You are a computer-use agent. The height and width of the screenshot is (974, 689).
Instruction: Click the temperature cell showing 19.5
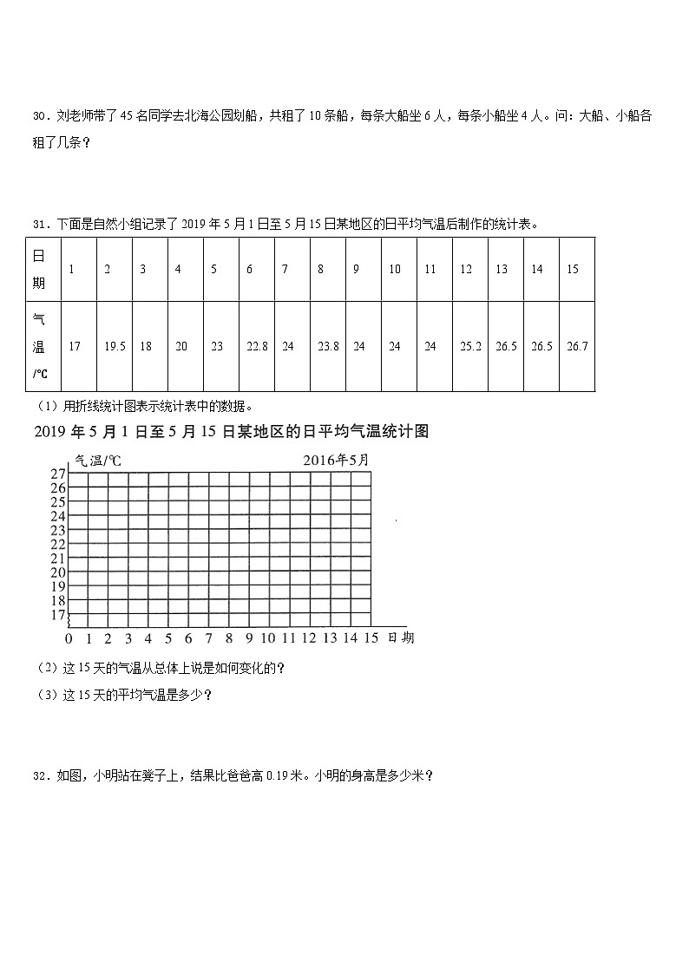coord(115,346)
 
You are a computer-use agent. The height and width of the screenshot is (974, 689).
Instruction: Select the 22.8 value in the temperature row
coord(257,346)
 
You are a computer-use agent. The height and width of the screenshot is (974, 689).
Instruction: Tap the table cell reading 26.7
coord(577,346)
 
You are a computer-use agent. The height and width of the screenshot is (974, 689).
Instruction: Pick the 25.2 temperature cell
coord(470,346)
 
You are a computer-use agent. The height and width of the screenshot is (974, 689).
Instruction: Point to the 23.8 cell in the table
coord(327,346)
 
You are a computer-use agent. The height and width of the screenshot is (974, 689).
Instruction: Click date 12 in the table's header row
coord(466,269)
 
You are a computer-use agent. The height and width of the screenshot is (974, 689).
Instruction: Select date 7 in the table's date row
coord(285,269)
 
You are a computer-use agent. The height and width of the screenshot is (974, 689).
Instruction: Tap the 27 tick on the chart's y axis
coord(58,474)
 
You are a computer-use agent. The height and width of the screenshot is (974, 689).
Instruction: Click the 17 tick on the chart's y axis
coord(58,615)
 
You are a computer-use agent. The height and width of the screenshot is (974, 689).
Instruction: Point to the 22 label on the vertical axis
coord(58,544)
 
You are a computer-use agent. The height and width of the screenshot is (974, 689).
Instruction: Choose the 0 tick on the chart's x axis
coord(69,639)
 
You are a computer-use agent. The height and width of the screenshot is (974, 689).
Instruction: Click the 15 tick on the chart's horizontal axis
coord(371,639)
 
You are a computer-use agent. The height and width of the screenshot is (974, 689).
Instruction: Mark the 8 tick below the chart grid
coord(229,639)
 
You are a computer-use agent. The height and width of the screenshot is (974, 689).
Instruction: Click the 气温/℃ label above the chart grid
coord(98,461)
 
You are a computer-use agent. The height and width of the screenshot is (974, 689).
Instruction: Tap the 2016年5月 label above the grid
coord(336,460)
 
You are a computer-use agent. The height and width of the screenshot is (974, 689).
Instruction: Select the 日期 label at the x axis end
coord(401,638)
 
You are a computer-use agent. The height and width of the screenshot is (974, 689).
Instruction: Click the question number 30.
coord(38,117)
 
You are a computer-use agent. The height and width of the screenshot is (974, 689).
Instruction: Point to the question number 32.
coord(38,777)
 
